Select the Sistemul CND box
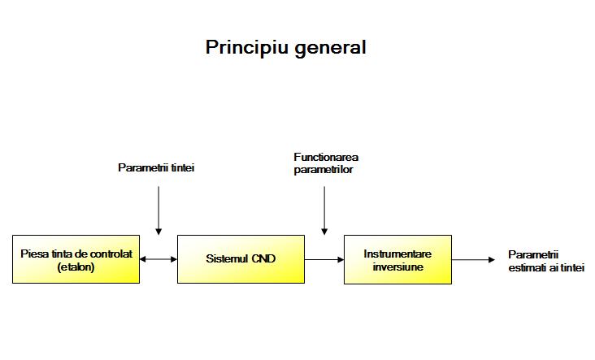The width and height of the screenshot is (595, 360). (241, 259)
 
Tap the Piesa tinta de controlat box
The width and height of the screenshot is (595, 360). (76, 259)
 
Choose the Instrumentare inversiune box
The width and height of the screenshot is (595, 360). (397, 259)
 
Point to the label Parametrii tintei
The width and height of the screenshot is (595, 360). (156, 167)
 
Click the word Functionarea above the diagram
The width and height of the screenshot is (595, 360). (326, 157)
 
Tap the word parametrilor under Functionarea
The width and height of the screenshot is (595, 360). (324, 170)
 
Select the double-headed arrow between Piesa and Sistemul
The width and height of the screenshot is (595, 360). (159, 259)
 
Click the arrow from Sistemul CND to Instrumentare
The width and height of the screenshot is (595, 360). (324, 260)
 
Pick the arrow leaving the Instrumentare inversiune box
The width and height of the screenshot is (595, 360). (473, 260)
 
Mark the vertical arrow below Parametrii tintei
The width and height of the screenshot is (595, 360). (159, 210)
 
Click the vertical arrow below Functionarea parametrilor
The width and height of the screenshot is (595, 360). (324, 210)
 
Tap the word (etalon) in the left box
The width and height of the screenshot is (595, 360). (76, 267)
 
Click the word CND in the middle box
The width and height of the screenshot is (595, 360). (263, 258)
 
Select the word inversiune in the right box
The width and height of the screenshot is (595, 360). (397, 267)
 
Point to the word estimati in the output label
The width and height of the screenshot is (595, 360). (525, 268)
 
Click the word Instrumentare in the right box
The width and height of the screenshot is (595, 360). (397, 254)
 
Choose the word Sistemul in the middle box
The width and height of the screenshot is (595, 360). (228, 258)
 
